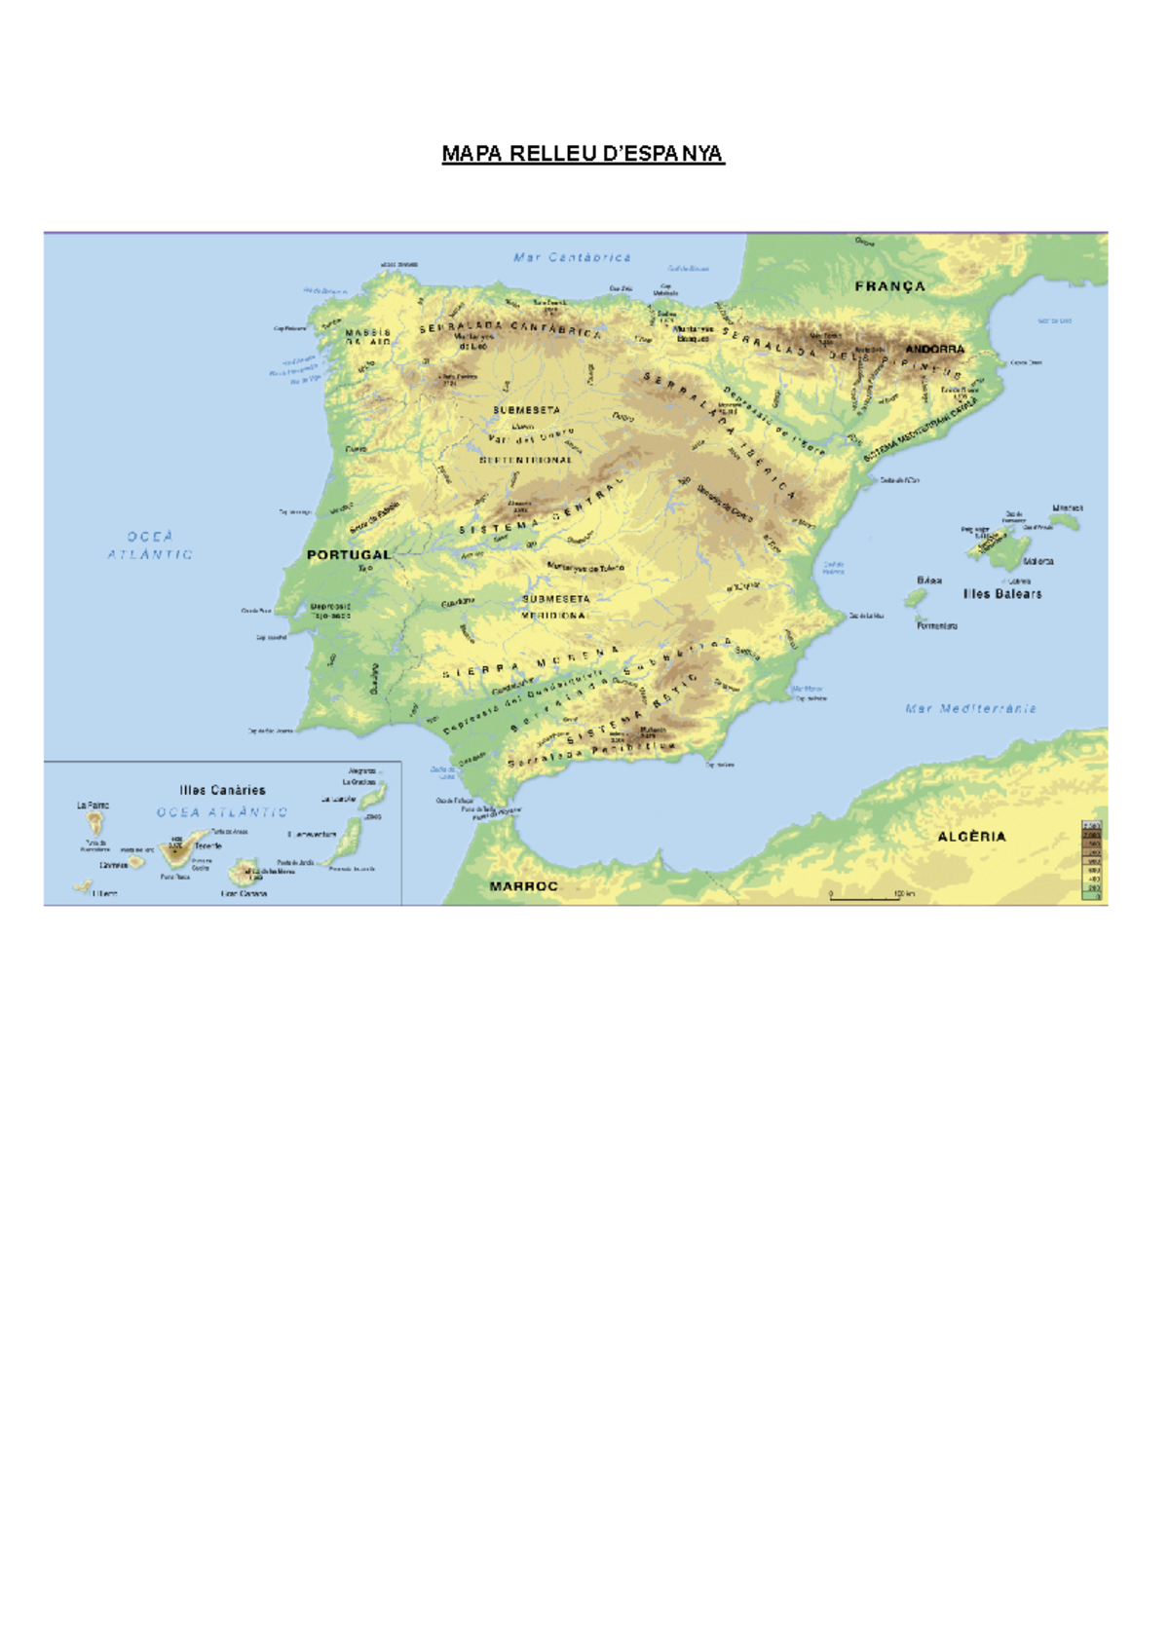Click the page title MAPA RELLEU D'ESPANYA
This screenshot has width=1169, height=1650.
pos(583,154)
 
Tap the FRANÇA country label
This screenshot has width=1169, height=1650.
pos(889,286)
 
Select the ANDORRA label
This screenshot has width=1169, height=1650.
pos(934,349)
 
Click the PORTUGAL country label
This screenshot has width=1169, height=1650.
pos(348,554)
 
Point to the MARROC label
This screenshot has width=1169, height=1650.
pos(523,886)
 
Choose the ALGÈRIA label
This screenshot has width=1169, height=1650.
pos(971,837)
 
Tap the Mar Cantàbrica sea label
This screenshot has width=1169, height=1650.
pos(573,258)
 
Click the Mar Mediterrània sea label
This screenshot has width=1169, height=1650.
pos(970,709)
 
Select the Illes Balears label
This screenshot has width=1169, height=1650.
pos(1002,593)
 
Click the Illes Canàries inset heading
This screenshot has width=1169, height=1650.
pos(222,790)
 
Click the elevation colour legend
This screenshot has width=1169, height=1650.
pos(1092,860)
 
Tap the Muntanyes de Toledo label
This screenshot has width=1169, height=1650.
pos(585,567)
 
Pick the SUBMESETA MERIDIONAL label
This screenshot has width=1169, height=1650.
pos(555,607)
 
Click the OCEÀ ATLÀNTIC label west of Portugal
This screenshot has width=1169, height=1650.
pos(150,545)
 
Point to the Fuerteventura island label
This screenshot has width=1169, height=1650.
pos(312,835)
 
